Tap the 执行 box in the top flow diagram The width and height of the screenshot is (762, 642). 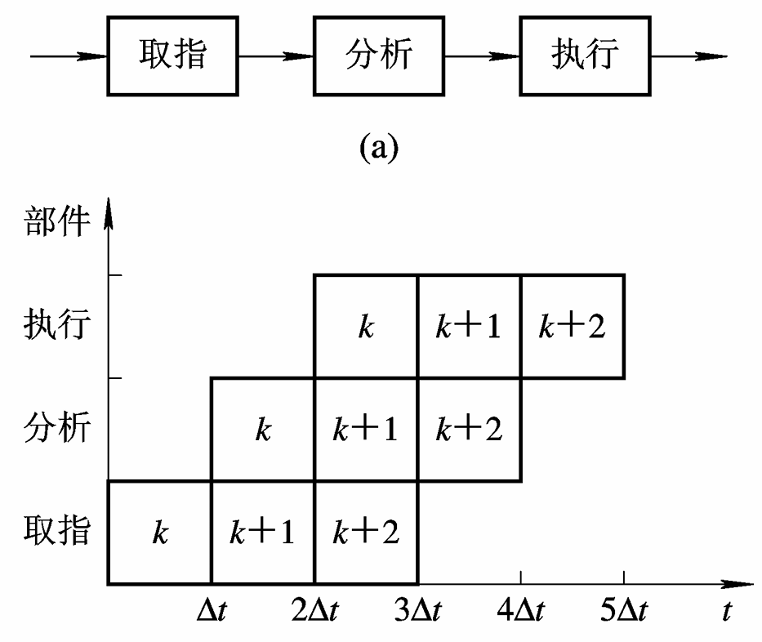tap(583, 56)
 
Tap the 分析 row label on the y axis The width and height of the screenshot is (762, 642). tap(55, 428)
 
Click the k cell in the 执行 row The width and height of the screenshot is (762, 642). tap(366, 327)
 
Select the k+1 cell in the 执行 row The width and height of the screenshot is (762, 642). tap(469, 327)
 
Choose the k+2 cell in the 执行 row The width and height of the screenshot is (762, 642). tap(572, 327)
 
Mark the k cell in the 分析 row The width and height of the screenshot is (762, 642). tap(263, 430)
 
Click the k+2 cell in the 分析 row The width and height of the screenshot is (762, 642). tap(469, 430)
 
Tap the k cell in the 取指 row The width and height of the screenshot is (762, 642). tap(159, 533)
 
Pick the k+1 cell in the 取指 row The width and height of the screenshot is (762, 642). tap(263, 533)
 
